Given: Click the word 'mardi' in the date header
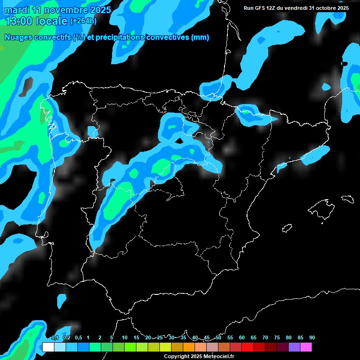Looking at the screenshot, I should [x=14, y=10].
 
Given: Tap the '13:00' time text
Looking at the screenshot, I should [x=19, y=21].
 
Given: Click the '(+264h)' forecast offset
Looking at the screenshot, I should [x=83, y=21].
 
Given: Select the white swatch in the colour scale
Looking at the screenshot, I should [x=48, y=347].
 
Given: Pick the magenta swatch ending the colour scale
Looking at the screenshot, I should [x=306, y=347].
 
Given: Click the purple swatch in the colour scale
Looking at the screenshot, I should [x=294, y=347].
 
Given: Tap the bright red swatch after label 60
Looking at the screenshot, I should [x=247, y=347].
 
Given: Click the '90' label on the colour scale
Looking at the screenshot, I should [x=312, y=337].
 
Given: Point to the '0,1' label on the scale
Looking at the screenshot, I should [x=55, y=337].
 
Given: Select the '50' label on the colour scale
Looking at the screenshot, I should [x=218, y=337].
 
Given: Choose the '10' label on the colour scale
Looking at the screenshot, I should [x=125, y=337].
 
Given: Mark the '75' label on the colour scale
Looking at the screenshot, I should [x=277, y=337].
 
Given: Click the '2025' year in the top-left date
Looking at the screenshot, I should [x=100, y=10].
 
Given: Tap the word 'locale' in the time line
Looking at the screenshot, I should [x=52, y=21].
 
